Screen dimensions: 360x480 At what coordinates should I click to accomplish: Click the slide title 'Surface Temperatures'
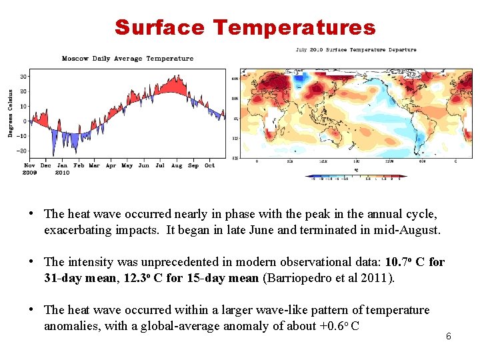coord(245,27)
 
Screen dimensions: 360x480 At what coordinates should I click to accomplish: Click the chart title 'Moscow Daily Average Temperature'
coord(127,59)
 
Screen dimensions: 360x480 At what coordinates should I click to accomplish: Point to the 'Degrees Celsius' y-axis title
coord(11,113)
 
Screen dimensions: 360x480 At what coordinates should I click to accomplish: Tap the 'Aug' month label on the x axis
coord(176,165)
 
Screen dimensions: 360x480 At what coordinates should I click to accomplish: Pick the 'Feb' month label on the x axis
coord(78,165)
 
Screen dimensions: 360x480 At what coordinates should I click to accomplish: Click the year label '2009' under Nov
coord(30,172)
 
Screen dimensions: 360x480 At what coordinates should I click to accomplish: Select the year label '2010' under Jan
coord(62,172)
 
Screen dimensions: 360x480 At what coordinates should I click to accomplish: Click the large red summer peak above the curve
coord(175,85)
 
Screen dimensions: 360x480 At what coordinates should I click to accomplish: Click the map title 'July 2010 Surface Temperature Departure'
coord(355,49)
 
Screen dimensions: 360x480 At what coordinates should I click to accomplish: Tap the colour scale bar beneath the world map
coord(355,177)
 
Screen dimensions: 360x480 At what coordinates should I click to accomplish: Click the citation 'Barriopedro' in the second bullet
coord(293,277)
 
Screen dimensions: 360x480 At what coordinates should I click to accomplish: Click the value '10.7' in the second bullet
coord(399,262)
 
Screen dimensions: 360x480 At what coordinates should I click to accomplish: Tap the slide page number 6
coord(448,336)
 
